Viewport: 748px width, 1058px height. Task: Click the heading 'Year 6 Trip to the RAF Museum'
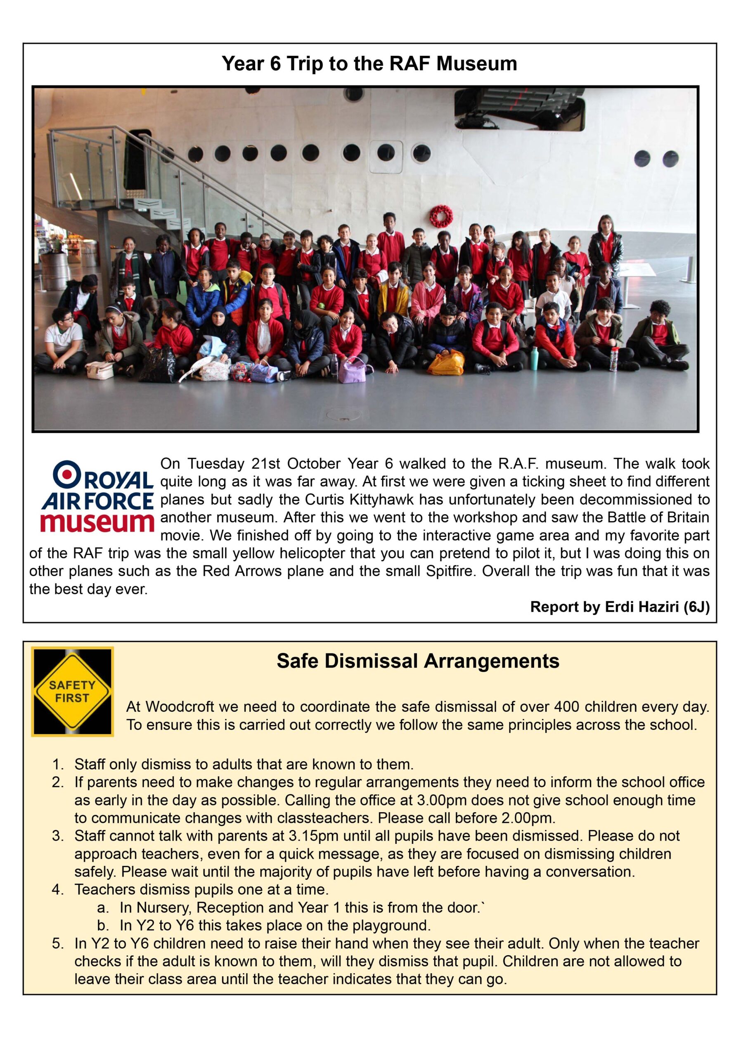tap(369, 64)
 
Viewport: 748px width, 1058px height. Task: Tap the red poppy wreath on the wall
tap(441, 216)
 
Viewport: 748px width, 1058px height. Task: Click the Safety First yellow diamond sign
tap(72, 691)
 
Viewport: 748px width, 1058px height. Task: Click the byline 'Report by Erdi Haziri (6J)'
tap(620, 607)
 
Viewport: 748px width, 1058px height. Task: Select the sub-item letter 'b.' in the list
tap(103, 926)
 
